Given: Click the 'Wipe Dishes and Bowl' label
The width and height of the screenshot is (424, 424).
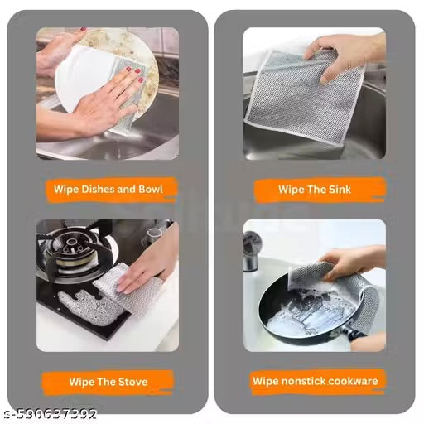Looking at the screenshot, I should (107, 190).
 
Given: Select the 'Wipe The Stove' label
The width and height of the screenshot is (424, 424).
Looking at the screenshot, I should (107, 382).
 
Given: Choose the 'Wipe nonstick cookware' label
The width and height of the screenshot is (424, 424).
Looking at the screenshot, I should (315, 382).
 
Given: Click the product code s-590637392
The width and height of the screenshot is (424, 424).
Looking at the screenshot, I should (51, 413).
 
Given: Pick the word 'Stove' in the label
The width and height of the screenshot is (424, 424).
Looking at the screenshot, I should (129, 382).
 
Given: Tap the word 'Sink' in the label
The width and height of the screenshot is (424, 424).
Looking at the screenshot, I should (338, 190).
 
